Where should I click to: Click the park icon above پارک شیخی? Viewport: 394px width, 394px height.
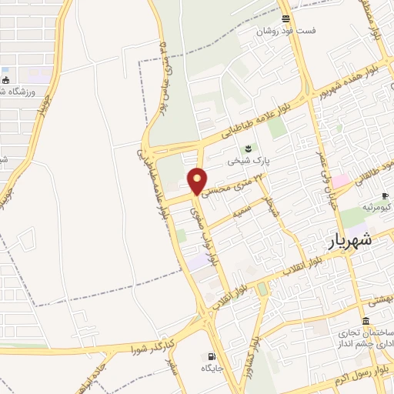click(248, 149)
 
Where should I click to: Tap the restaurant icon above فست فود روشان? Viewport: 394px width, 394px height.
click(286, 18)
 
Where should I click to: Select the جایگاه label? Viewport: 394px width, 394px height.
click(212, 369)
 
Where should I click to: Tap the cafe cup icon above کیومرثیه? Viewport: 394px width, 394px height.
click(386, 196)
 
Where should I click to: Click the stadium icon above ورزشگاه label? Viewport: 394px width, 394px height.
click(6, 79)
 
